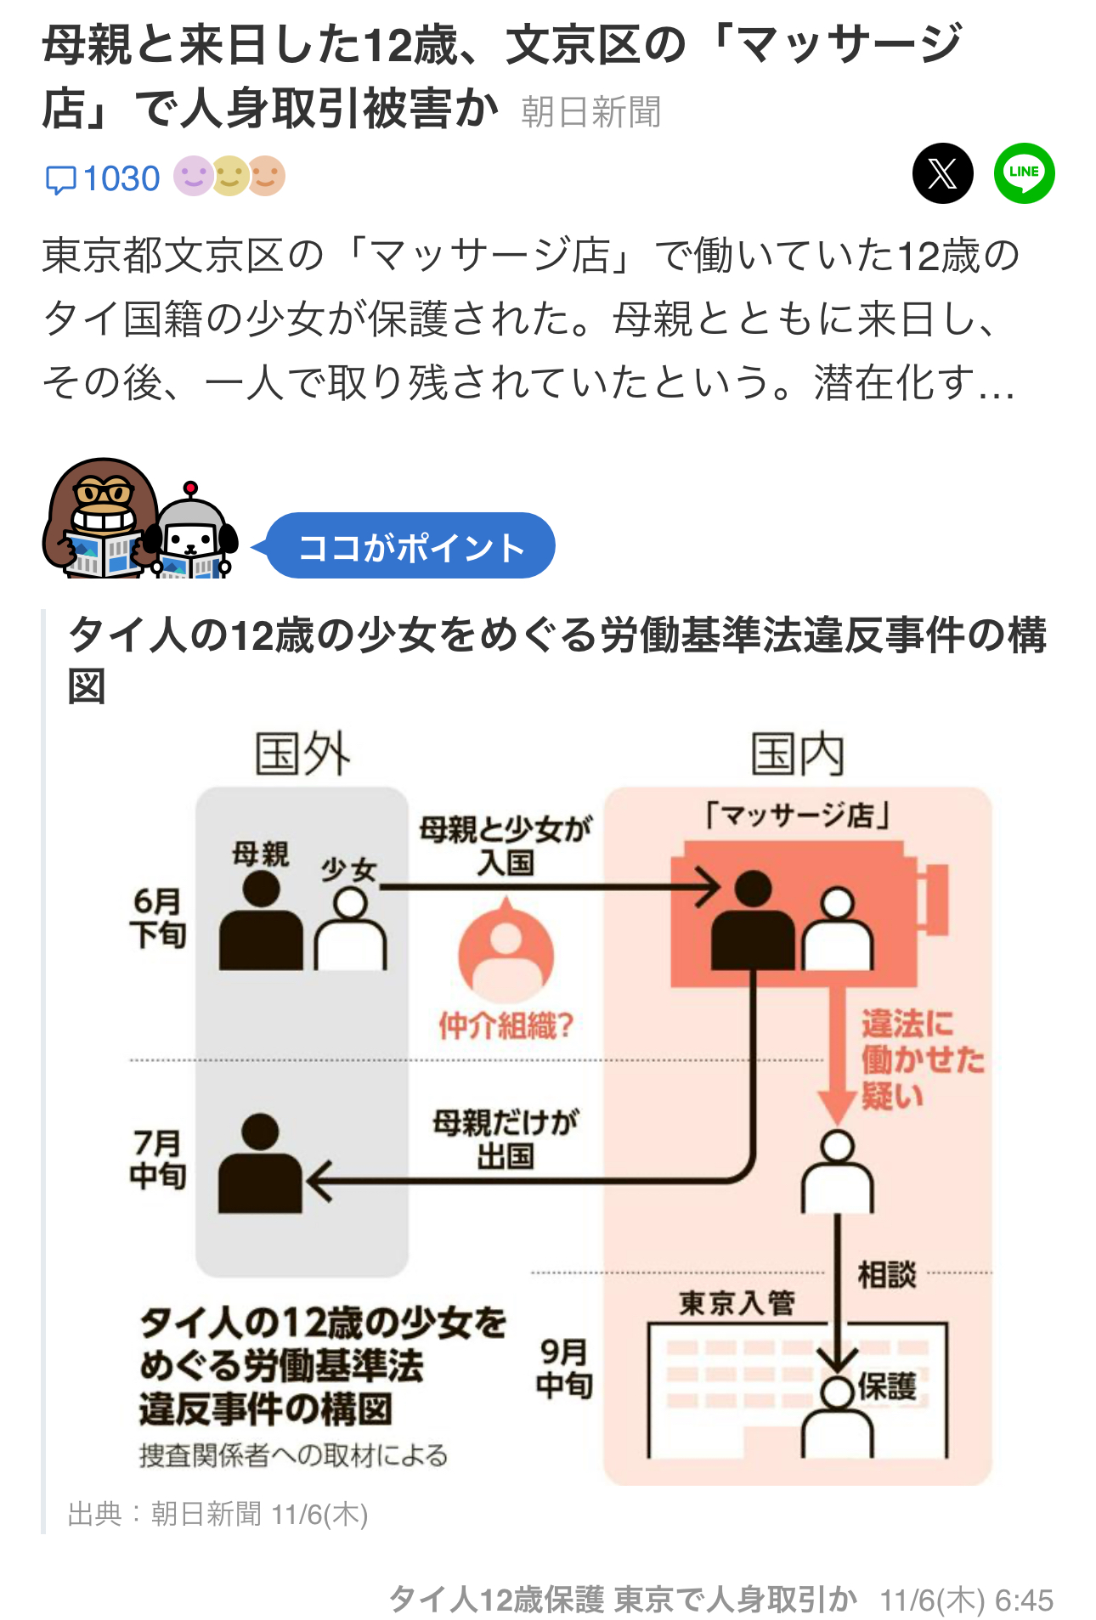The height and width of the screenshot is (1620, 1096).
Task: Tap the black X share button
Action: tap(942, 174)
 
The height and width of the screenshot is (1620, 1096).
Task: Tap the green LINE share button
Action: tap(1024, 173)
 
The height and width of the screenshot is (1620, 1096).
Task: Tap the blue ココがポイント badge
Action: tap(411, 546)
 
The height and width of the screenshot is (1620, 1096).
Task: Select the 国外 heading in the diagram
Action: tap(302, 754)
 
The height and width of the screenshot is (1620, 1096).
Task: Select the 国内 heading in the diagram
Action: tap(797, 754)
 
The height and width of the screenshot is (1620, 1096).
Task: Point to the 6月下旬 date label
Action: tap(158, 917)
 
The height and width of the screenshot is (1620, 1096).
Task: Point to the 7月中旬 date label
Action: tap(158, 1160)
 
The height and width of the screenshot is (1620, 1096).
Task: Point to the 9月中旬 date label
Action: tap(564, 1368)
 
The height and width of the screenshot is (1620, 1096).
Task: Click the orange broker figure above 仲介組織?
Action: tap(506, 951)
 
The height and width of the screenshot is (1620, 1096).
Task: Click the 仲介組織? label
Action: tap(506, 1026)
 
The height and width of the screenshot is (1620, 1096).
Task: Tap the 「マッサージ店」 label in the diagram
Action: tap(797, 816)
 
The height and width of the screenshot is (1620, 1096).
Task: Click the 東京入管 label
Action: tap(737, 1302)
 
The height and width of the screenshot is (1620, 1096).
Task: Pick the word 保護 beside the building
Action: tap(887, 1386)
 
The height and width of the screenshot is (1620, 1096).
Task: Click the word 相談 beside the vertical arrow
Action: tap(887, 1274)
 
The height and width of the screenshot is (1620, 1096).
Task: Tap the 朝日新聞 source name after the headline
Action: tap(590, 112)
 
